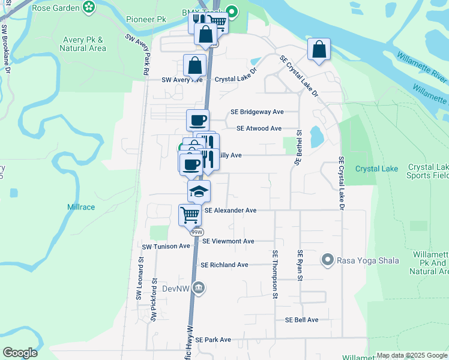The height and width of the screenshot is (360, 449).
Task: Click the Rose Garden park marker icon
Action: pyautogui.click(x=89, y=7)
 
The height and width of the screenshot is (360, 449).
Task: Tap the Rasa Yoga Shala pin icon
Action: pyautogui.click(x=327, y=260)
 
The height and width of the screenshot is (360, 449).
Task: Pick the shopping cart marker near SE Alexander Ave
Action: pyautogui.click(x=190, y=214)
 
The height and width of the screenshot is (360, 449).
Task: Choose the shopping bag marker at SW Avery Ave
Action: pyautogui.click(x=195, y=65)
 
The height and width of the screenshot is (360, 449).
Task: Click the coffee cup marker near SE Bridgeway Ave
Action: pyautogui.click(x=197, y=120)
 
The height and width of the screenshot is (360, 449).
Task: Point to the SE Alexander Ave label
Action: pyautogui.click(x=231, y=211)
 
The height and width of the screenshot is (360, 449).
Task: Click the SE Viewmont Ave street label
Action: pyautogui.click(x=229, y=241)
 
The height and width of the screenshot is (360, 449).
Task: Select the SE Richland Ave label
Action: pyautogui.click(x=224, y=265)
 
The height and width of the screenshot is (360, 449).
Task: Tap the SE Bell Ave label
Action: pyautogui.click(x=302, y=320)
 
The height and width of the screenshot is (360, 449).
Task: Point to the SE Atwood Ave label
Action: pyautogui.click(x=259, y=128)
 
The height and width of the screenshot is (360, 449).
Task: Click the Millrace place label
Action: pyautogui.click(x=83, y=207)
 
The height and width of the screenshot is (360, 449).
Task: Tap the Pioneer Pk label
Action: pyautogui.click(x=146, y=19)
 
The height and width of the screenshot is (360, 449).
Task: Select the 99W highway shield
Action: pyautogui.click(x=196, y=232)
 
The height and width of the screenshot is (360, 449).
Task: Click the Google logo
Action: pyautogui.click(x=20, y=353)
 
